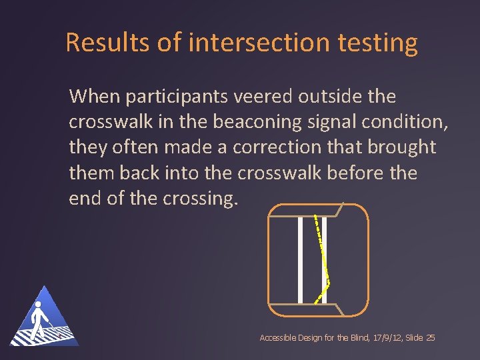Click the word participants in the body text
177,97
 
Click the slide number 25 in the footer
430,338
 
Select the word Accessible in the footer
277,338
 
